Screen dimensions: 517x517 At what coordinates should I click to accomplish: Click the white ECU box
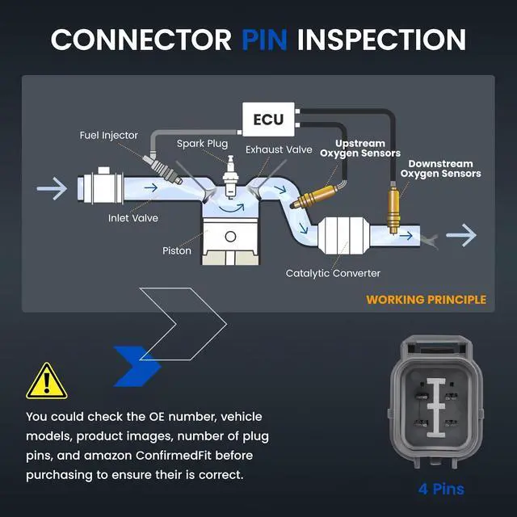(x=268, y=120)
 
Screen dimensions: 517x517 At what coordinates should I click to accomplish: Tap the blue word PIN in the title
(x=264, y=40)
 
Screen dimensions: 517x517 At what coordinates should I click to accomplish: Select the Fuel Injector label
(x=108, y=135)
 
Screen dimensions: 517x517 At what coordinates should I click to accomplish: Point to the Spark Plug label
(x=202, y=144)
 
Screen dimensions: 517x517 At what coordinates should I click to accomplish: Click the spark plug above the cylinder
(x=230, y=177)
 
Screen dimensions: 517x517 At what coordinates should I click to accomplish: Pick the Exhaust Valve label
(x=279, y=149)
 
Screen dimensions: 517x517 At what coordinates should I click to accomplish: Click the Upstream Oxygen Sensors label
(x=360, y=149)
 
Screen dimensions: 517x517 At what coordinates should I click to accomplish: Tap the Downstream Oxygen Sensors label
(x=440, y=169)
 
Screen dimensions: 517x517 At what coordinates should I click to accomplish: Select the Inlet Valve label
(x=132, y=218)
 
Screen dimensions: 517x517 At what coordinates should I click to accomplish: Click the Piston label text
(x=177, y=250)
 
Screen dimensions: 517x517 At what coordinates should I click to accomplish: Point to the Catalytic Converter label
(x=333, y=273)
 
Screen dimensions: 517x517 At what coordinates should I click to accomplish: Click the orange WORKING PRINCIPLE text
(x=426, y=300)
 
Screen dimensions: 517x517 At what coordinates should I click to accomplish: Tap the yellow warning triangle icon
(x=47, y=382)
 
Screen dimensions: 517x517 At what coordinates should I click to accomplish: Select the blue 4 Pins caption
(x=441, y=489)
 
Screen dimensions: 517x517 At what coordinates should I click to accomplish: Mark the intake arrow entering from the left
(x=52, y=188)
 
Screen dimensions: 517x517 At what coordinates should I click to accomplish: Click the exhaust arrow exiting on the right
(x=461, y=235)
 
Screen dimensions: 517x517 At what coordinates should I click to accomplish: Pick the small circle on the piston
(x=230, y=237)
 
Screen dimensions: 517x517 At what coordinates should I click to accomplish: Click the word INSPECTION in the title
(x=381, y=40)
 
